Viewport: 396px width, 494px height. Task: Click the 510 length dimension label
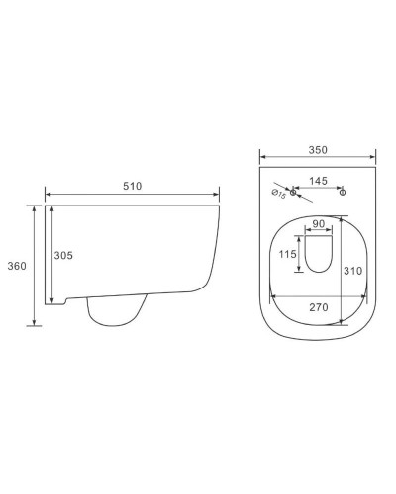pyautogui.click(x=132, y=186)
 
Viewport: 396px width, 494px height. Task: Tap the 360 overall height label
pyautogui.click(x=17, y=266)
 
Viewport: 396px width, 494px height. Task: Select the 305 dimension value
pyautogui.click(x=63, y=255)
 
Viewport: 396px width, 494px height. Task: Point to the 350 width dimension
pyautogui.click(x=318, y=150)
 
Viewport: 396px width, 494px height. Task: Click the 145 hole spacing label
pyautogui.click(x=318, y=181)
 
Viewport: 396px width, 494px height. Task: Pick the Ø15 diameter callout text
pyautogui.click(x=278, y=194)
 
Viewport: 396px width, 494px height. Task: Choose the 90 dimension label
pyautogui.click(x=318, y=224)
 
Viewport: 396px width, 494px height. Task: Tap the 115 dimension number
pyautogui.click(x=287, y=254)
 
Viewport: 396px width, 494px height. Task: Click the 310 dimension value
pyautogui.click(x=352, y=271)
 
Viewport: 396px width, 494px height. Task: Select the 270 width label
pyautogui.click(x=319, y=307)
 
